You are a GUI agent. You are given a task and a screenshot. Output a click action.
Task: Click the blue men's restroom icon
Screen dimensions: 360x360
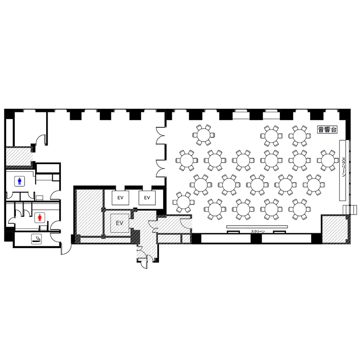click(20, 181)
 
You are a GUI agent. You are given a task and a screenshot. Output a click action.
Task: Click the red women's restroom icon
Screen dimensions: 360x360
click(40, 217)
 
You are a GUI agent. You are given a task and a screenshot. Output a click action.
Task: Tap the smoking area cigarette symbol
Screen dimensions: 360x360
click(36, 239)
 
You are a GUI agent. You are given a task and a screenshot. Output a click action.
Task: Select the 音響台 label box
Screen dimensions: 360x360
click(327, 130)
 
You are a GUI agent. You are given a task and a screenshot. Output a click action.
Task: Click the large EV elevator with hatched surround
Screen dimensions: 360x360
click(120, 223)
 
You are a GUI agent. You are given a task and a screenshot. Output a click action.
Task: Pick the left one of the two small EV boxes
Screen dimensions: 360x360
click(120, 198)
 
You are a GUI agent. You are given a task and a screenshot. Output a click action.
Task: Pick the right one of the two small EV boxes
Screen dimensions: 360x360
click(147, 198)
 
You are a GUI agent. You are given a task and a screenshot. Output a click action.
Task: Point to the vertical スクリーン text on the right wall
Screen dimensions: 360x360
click(344, 167)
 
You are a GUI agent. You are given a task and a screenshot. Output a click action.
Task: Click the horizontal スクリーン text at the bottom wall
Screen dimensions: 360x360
click(258, 232)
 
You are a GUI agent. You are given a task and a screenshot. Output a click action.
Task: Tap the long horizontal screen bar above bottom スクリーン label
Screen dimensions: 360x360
click(257, 227)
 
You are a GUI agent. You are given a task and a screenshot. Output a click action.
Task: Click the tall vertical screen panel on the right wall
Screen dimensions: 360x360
click(343, 170)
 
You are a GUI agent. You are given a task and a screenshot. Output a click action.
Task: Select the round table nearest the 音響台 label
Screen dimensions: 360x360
click(300, 136)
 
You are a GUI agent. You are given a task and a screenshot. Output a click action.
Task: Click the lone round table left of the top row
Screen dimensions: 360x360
click(204, 135)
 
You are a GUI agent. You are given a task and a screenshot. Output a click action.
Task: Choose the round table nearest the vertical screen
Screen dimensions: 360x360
click(328, 160)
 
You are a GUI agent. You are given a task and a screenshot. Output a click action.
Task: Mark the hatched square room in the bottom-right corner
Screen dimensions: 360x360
click(336, 229)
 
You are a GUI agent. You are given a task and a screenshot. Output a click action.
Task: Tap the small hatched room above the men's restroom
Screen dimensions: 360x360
click(18, 156)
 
